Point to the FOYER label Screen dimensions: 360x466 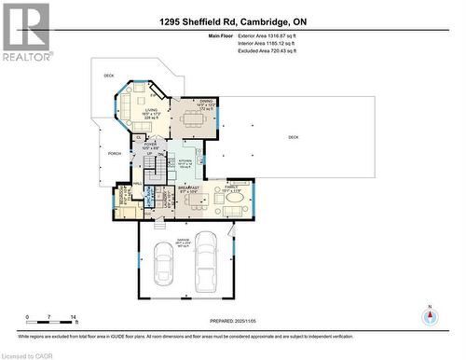coord(150,145)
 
